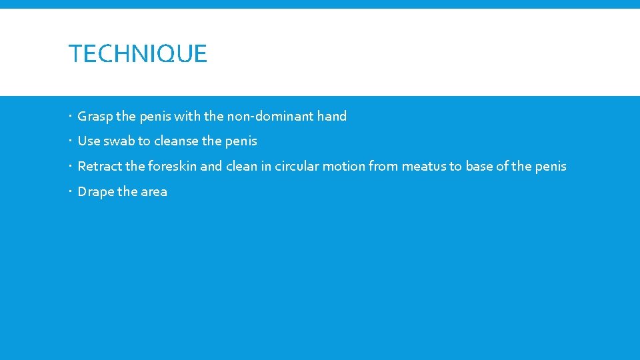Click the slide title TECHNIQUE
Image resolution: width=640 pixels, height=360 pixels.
pos(138,54)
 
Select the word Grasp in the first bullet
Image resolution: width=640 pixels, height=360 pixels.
pos(95,117)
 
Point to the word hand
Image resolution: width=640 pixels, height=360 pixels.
pos(332,116)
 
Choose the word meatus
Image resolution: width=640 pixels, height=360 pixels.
pos(423,167)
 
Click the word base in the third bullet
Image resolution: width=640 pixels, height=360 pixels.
pos(479,167)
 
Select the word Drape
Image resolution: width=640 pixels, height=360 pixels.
pos(95,192)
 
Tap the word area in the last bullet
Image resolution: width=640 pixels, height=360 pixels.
pos(154,192)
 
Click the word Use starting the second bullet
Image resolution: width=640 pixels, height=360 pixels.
pos(89,141)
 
